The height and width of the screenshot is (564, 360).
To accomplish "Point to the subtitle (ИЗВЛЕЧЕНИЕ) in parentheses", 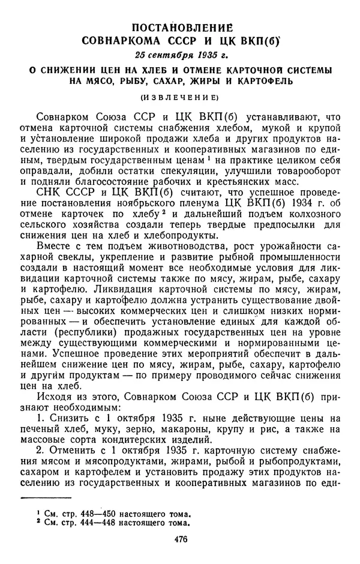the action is [x=179, y=97].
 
